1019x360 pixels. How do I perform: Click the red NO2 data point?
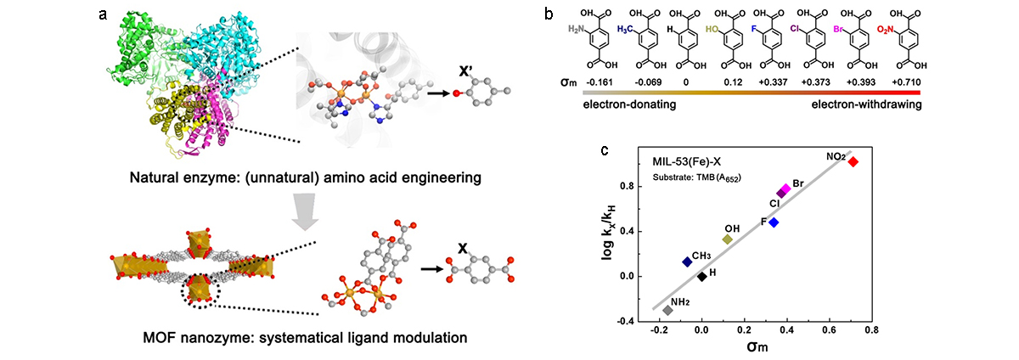853,161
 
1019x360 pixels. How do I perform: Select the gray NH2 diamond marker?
667,311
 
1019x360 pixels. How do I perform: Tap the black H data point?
702,276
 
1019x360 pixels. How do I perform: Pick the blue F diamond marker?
774,222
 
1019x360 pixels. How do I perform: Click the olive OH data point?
728,239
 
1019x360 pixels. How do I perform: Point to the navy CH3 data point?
687,262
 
